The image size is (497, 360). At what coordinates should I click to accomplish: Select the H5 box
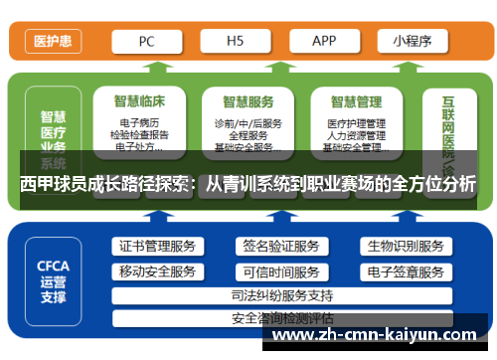click(x=236, y=41)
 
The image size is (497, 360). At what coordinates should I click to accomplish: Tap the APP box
click(x=324, y=41)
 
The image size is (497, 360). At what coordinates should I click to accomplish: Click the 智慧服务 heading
click(x=248, y=101)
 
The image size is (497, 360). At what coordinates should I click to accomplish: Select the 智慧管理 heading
click(x=356, y=101)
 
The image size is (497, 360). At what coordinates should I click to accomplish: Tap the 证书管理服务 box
click(x=157, y=247)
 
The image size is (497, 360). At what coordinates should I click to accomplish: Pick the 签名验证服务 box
click(x=280, y=247)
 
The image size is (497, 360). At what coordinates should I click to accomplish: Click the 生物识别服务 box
click(x=405, y=247)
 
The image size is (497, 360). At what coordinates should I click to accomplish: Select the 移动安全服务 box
click(x=157, y=271)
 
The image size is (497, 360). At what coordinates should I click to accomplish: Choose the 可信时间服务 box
click(x=280, y=271)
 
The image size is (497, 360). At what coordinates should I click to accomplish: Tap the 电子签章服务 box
click(x=405, y=271)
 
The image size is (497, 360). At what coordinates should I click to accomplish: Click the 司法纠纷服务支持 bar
click(x=281, y=295)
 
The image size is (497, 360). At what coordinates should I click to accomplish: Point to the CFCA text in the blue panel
click(x=53, y=266)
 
